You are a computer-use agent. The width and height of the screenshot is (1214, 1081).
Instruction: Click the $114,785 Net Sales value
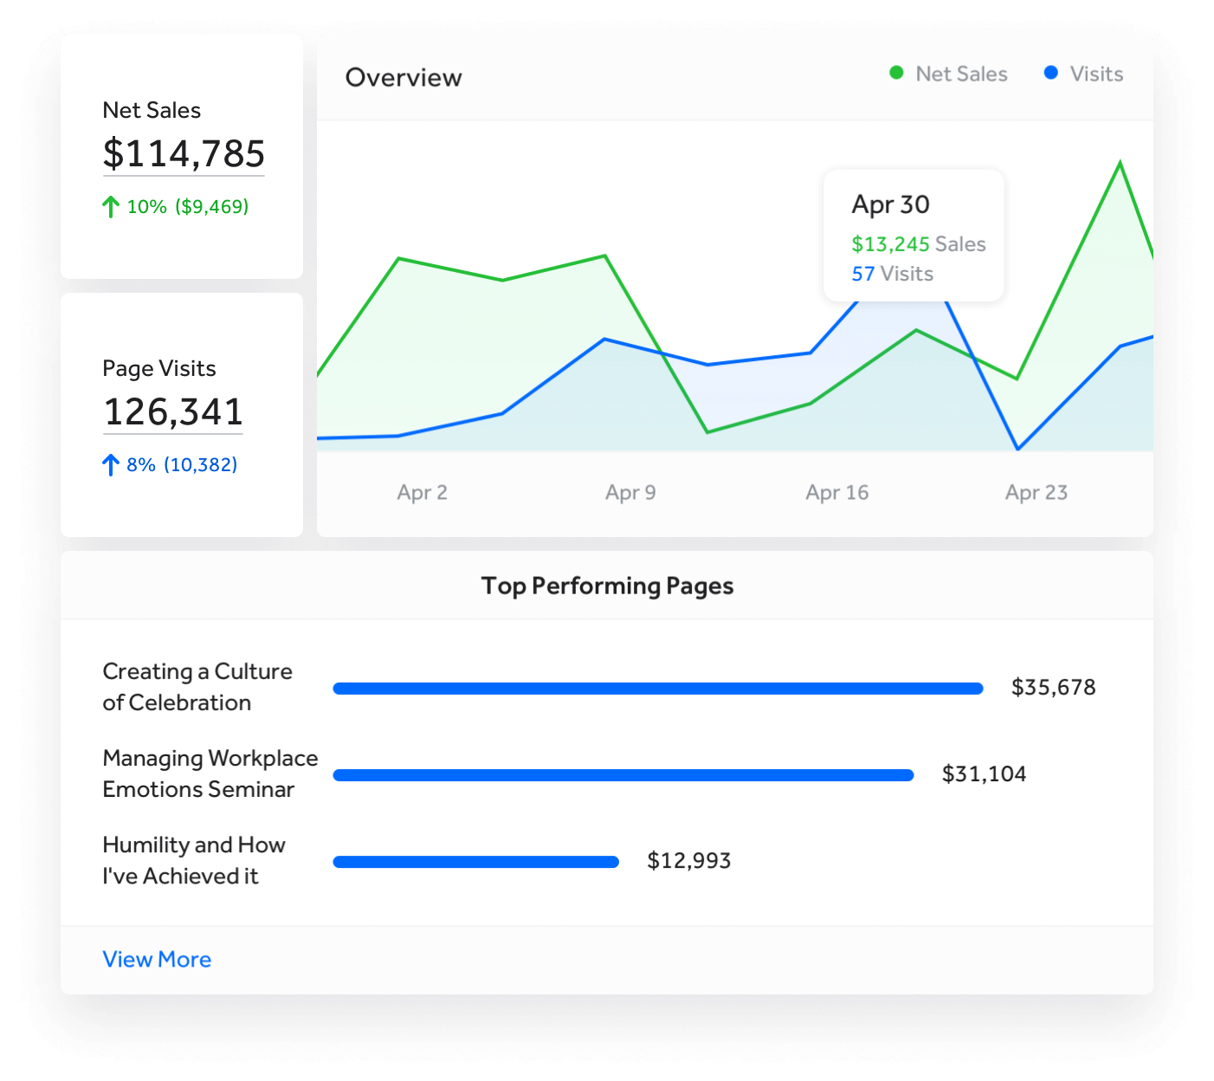click(x=184, y=154)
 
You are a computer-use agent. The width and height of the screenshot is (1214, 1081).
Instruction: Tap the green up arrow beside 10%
click(x=111, y=207)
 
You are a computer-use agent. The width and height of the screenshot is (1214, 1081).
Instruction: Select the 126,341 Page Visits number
click(x=173, y=412)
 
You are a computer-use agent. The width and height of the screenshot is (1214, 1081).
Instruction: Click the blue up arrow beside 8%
click(x=111, y=465)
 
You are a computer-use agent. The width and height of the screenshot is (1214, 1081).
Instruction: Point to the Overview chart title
click(x=404, y=78)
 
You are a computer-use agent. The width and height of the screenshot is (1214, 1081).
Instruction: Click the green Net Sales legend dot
click(x=896, y=74)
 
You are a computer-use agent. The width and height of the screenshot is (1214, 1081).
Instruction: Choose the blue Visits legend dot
click(x=1050, y=74)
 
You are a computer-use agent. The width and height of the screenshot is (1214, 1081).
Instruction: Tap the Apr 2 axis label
click(x=422, y=493)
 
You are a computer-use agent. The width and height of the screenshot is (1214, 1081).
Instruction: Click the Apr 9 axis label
click(x=630, y=493)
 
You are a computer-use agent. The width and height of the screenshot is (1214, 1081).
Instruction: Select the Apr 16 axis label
click(x=836, y=493)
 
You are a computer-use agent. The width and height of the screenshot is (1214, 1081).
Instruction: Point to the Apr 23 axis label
click(x=1036, y=493)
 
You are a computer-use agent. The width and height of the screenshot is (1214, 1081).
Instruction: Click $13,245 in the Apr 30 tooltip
click(x=890, y=244)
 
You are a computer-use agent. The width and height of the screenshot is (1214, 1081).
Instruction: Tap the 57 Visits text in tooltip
click(x=892, y=274)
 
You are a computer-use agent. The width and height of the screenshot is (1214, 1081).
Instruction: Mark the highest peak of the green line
click(x=1120, y=163)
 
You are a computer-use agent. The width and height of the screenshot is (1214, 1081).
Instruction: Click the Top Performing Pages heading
click(x=607, y=586)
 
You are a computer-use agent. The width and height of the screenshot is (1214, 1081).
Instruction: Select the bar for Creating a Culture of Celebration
click(x=658, y=689)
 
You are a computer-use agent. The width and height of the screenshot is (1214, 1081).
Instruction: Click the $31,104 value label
click(x=984, y=774)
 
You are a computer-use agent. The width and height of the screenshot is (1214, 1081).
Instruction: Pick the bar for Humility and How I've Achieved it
click(x=476, y=862)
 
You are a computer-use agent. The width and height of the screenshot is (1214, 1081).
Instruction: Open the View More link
click(x=157, y=960)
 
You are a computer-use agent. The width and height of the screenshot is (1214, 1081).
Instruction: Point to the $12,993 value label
click(x=689, y=860)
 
